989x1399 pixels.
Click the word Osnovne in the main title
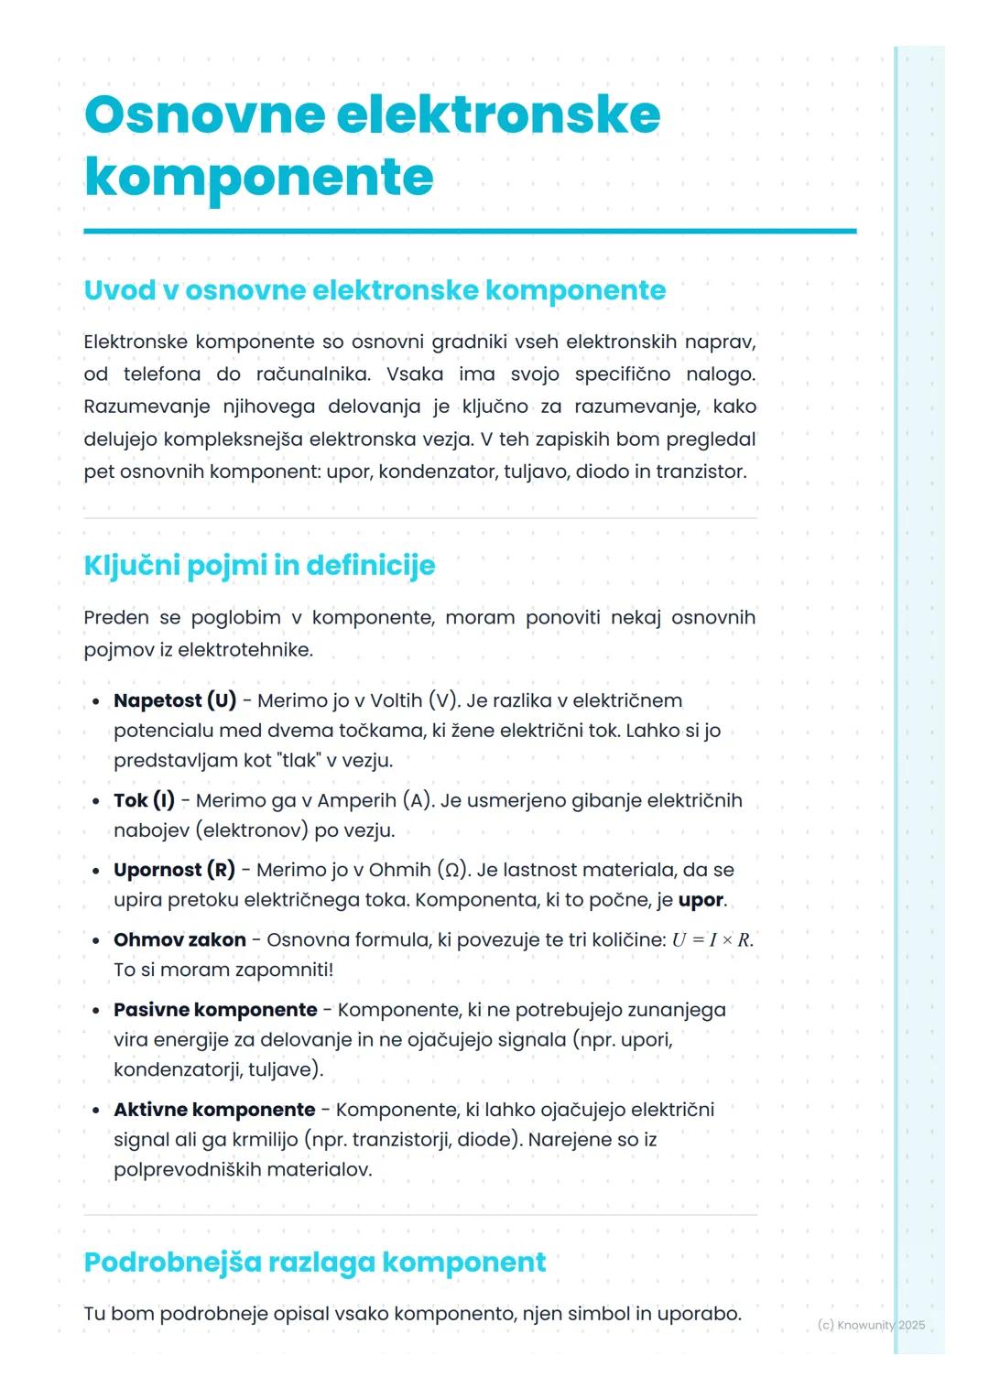click(205, 114)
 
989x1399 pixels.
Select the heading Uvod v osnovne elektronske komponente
click(375, 290)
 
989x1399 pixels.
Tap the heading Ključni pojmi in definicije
click(259, 565)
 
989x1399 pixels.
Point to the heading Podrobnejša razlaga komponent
click(314, 1262)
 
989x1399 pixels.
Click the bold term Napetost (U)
click(175, 700)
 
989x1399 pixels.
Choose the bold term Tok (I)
click(144, 800)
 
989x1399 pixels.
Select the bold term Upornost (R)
click(174, 870)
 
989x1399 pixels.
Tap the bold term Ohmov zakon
click(179, 939)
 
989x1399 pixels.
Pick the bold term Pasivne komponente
click(215, 1010)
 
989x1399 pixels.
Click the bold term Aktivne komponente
click(214, 1110)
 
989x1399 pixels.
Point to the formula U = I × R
click(712, 940)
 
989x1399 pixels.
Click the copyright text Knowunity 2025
click(871, 1325)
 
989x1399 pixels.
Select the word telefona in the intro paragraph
click(162, 374)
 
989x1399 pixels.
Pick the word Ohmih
click(400, 870)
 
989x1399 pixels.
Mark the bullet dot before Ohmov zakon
click(96, 940)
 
